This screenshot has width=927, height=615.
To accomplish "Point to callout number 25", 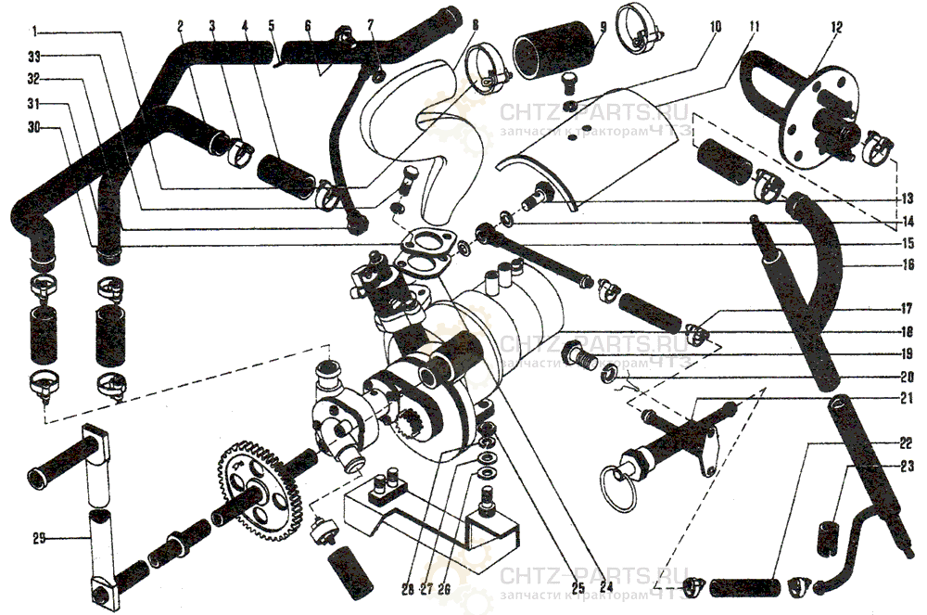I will (x=578, y=586).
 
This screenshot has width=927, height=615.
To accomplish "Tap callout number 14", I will (x=908, y=222).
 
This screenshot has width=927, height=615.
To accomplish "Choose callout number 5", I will (x=273, y=28).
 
